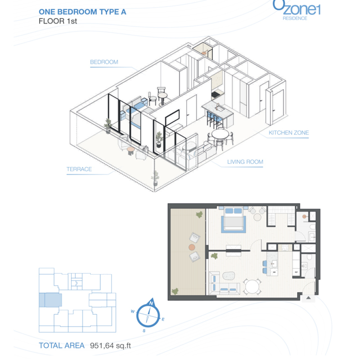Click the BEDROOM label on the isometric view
tap(104, 62)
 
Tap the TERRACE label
tap(79, 169)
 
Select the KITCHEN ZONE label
tap(288, 133)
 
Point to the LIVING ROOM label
tap(245, 162)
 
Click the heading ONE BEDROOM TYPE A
tap(82, 12)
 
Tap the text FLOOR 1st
tap(58, 21)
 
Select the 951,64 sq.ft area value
tap(110, 346)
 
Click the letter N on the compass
tap(151, 303)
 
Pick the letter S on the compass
tap(144, 331)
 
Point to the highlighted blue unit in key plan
tap(50, 300)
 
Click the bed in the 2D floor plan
tap(233, 219)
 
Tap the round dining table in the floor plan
tap(252, 286)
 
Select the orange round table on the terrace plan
tap(192, 247)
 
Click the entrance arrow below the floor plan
tap(308, 298)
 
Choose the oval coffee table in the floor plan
tap(229, 276)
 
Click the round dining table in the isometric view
tap(220, 134)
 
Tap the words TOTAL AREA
tap(62, 346)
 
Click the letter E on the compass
tap(163, 319)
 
